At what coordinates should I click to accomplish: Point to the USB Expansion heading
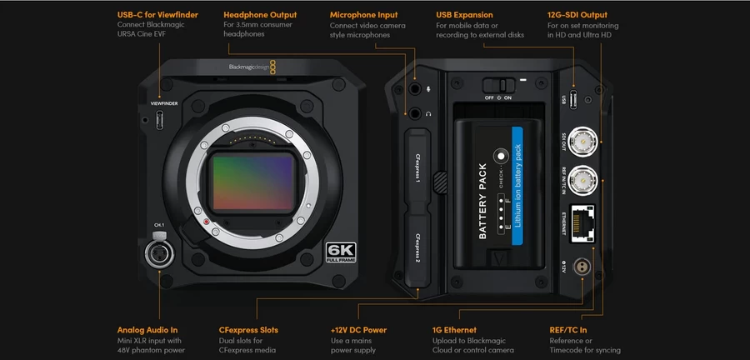click(464, 15)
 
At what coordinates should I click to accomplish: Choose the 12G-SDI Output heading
click(577, 15)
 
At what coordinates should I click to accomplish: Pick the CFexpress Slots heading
click(248, 330)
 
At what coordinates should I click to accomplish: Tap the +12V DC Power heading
click(359, 330)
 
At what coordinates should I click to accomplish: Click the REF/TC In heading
click(569, 330)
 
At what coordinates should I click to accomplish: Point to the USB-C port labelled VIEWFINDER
click(160, 121)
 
